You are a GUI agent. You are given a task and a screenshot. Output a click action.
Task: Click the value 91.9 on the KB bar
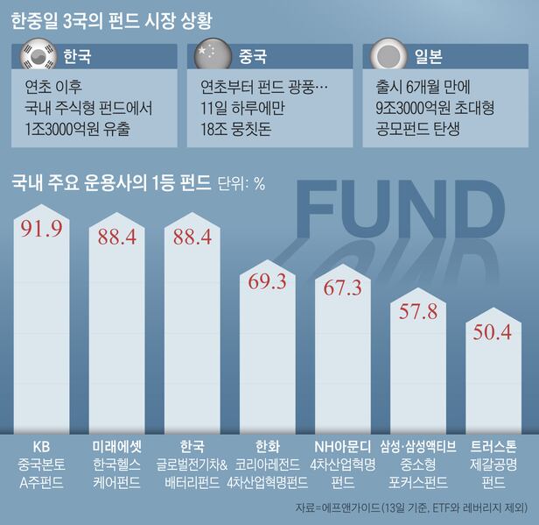pos(40,229)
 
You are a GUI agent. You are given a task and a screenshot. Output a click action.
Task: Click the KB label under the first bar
pos(41,444)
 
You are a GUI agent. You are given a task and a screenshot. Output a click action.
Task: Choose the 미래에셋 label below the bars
pos(116,444)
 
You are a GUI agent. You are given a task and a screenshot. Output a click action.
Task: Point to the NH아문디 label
pos(343,444)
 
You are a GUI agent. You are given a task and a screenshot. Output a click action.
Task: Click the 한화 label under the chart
pos(268,444)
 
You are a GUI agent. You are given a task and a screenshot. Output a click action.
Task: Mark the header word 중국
pos(253,58)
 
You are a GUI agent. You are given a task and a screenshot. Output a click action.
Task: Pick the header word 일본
pos(429,58)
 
